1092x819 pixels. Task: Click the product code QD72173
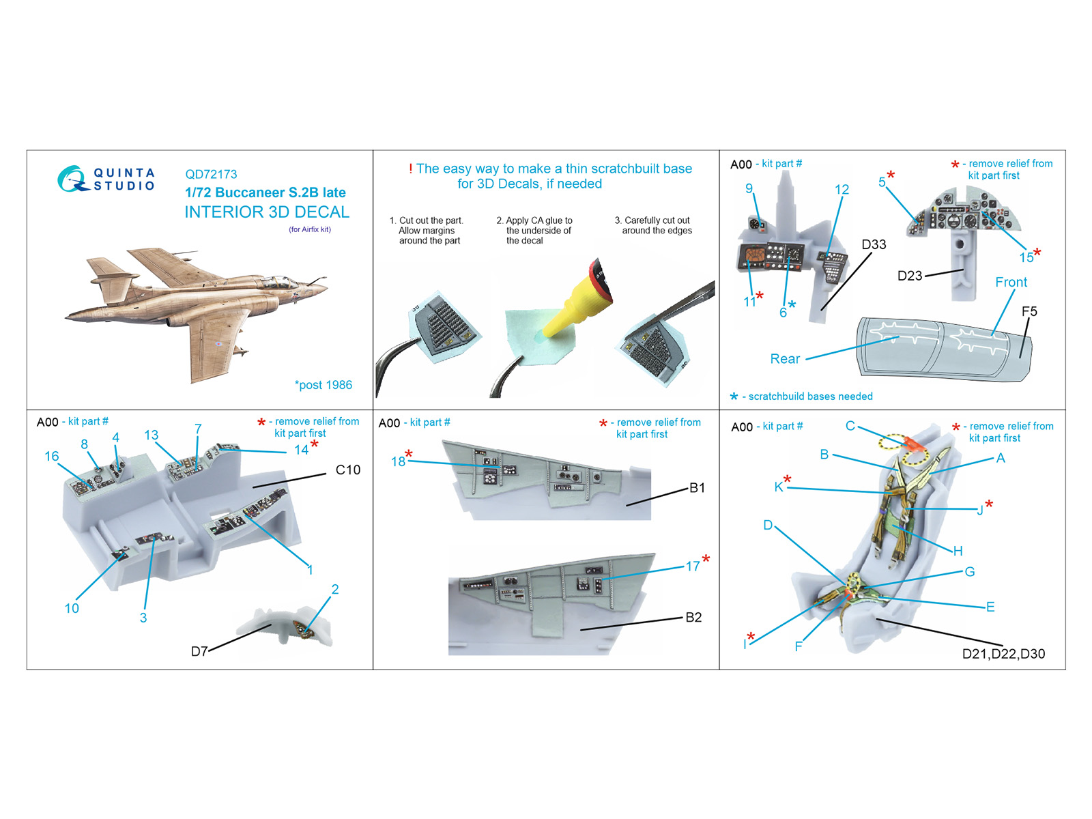click(211, 175)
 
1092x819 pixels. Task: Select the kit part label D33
click(874, 244)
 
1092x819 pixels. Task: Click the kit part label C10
click(348, 470)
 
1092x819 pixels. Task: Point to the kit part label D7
click(199, 651)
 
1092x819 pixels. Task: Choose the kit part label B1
click(697, 488)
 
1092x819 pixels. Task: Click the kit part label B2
click(693, 617)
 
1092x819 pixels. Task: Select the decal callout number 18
click(398, 462)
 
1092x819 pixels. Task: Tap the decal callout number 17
click(693, 566)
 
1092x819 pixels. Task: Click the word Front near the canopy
click(1011, 283)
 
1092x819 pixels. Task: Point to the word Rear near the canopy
click(785, 359)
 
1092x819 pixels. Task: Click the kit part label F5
click(1029, 312)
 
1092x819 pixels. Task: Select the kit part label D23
click(909, 276)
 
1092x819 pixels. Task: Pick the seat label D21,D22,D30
click(1003, 654)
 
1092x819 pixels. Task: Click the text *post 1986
click(323, 385)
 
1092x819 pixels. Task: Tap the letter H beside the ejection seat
click(958, 551)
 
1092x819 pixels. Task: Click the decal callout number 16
click(51, 457)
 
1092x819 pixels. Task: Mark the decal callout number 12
click(842, 190)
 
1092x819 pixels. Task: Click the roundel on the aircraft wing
click(218, 343)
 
